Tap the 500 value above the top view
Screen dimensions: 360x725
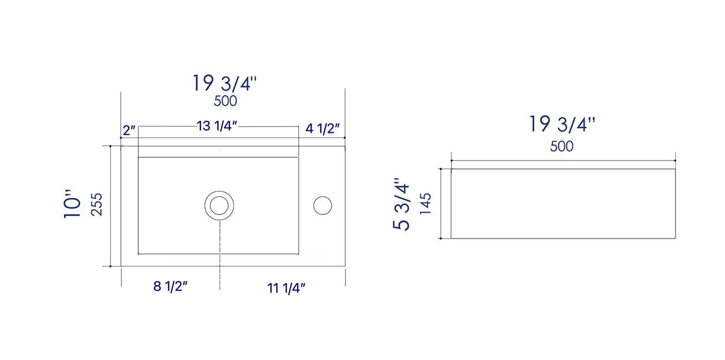tap(225, 101)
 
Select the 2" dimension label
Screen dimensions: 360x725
tap(129, 129)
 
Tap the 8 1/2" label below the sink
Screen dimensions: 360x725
tap(170, 286)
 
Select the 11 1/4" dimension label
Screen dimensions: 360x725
tap(286, 288)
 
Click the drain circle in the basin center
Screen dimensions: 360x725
tap(220, 205)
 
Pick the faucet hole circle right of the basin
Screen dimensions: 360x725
tap(322, 205)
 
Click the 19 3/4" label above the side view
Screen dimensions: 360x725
tap(562, 124)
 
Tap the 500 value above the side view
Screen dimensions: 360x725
tap(561, 147)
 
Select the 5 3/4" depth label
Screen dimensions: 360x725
tap(402, 204)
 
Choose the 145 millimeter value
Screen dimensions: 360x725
tap(425, 204)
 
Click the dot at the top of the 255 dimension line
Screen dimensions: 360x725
tap(111, 146)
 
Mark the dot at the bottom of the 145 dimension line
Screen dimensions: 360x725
tap(441, 239)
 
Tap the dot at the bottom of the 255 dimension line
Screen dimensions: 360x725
tap(111, 266)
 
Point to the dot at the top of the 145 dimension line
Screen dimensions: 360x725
tap(441, 169)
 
